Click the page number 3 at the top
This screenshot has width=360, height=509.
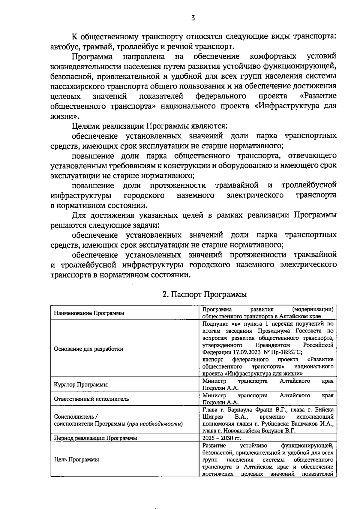193,18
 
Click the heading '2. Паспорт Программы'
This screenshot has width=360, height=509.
204,294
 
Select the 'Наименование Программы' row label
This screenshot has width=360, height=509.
89,313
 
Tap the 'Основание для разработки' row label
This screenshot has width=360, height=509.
88,349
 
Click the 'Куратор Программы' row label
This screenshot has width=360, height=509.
81,385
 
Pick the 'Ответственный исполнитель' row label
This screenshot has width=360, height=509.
91,399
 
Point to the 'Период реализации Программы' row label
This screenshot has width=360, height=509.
95,438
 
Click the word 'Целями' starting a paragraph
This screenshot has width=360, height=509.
85,126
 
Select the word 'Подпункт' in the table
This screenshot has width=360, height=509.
214,324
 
